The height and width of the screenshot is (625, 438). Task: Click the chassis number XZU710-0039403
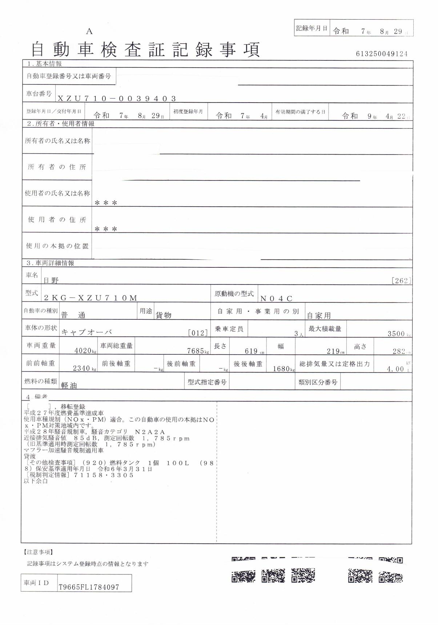[x=117, y=98]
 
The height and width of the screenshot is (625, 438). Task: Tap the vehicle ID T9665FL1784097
[x=89, y=587]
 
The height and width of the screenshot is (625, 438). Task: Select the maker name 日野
[x=51, y=280]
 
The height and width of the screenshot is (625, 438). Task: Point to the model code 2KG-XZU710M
[x=91, y=298]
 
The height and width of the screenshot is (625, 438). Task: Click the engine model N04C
[x=277, y=299]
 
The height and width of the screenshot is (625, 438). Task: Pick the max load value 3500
[x=396, y=334]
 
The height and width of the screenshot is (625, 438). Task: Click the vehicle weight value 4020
[x=83, y=351]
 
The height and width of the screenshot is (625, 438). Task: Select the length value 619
[x=251, y=351]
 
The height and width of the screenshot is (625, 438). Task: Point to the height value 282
[x=399, y=351]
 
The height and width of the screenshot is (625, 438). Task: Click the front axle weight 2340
[x=81, y=368]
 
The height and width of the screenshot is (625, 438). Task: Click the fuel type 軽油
[x=69, y=386]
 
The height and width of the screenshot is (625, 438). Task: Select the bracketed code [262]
[x=401, y=280]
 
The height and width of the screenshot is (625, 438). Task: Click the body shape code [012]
[x=198, y=333]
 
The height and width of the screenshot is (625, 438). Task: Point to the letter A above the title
[x=89, y=32]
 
